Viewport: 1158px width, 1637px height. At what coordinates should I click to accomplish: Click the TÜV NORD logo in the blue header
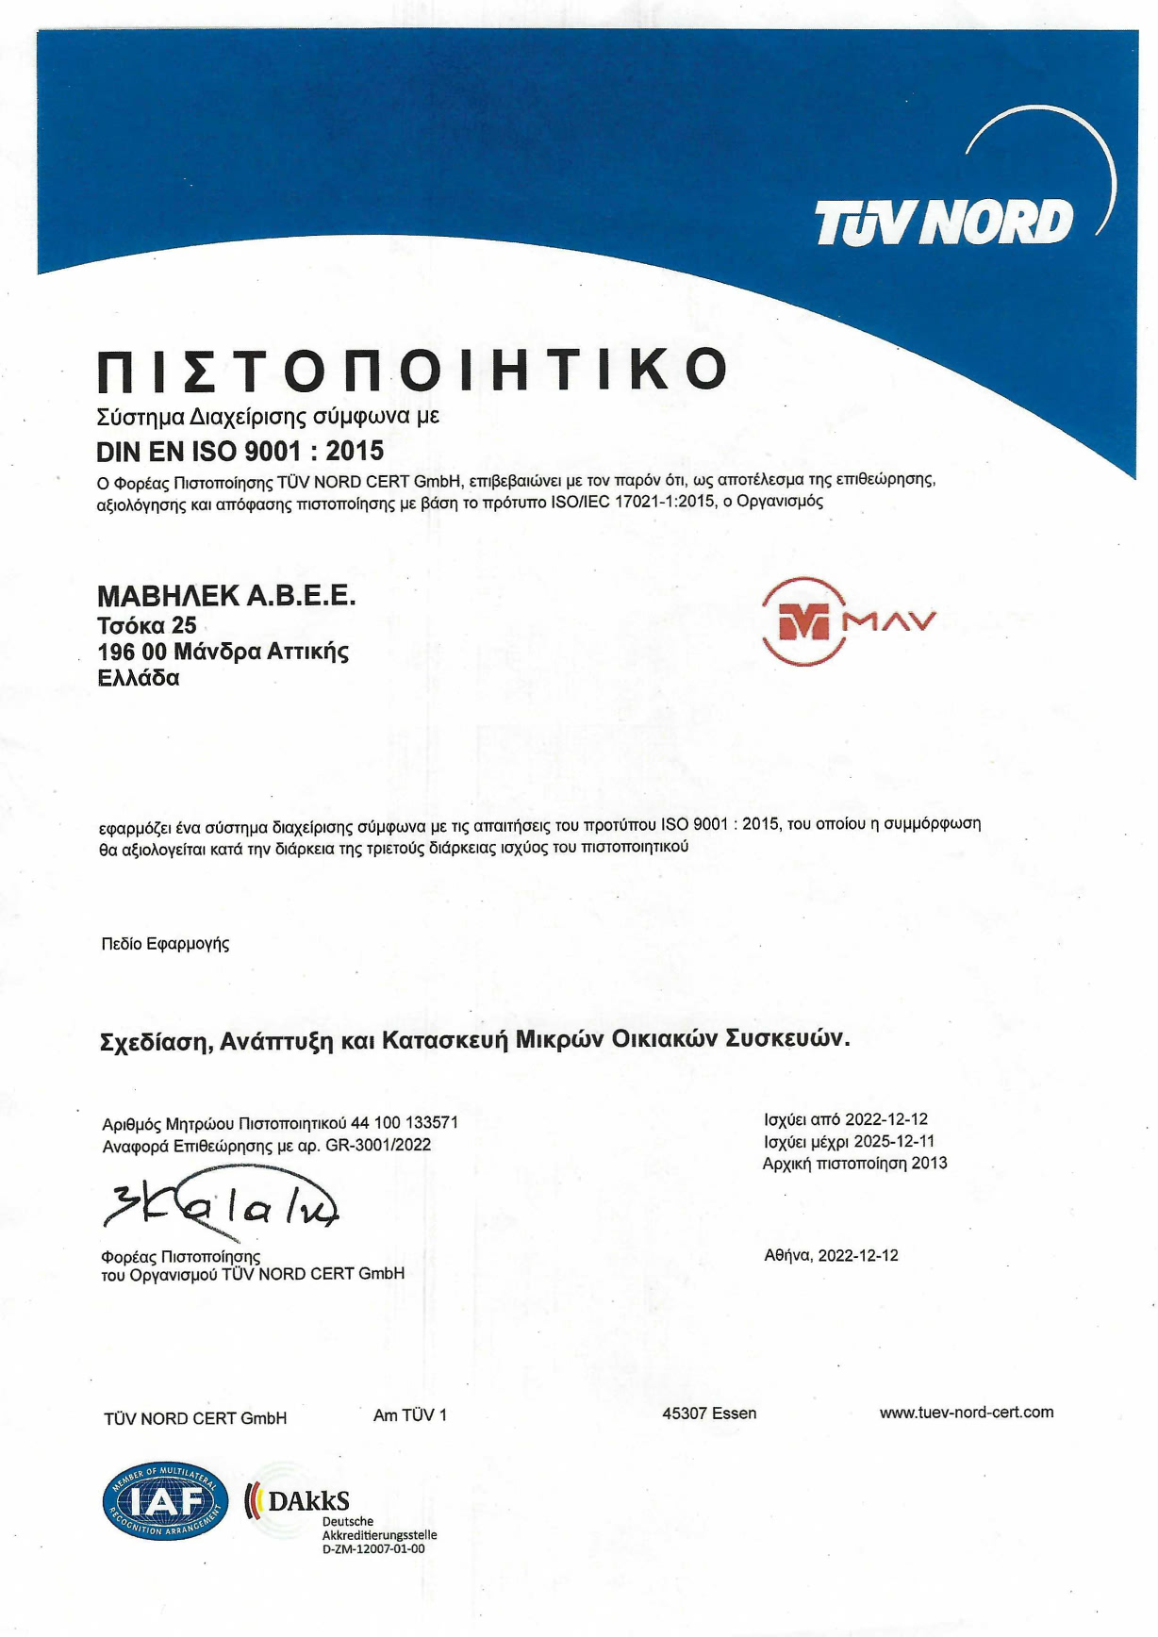944,223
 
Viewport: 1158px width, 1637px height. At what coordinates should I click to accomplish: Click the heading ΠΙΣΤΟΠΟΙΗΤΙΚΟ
412,370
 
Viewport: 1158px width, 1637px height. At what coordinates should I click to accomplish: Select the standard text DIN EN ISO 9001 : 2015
240,451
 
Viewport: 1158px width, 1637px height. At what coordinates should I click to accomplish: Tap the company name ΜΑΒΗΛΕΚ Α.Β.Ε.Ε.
226,596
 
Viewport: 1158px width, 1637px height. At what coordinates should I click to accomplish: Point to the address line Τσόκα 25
147,625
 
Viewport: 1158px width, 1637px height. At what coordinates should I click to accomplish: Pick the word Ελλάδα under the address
138,678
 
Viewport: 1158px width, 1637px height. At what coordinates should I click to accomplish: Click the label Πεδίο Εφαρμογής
165,944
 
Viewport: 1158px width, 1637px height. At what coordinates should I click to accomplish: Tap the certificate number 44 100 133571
405,1123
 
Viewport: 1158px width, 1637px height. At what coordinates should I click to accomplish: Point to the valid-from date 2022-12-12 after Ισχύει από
885,1119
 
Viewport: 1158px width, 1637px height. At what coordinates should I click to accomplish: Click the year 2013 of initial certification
929,1164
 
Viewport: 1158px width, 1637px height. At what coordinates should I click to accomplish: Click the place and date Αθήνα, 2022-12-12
831,1256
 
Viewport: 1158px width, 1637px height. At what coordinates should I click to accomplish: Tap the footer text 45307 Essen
709,1414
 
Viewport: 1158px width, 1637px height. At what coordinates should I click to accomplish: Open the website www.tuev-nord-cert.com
966,1413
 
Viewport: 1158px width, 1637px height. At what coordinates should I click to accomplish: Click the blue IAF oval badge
165,1500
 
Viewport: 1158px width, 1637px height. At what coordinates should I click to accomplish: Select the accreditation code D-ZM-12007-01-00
373,1549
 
